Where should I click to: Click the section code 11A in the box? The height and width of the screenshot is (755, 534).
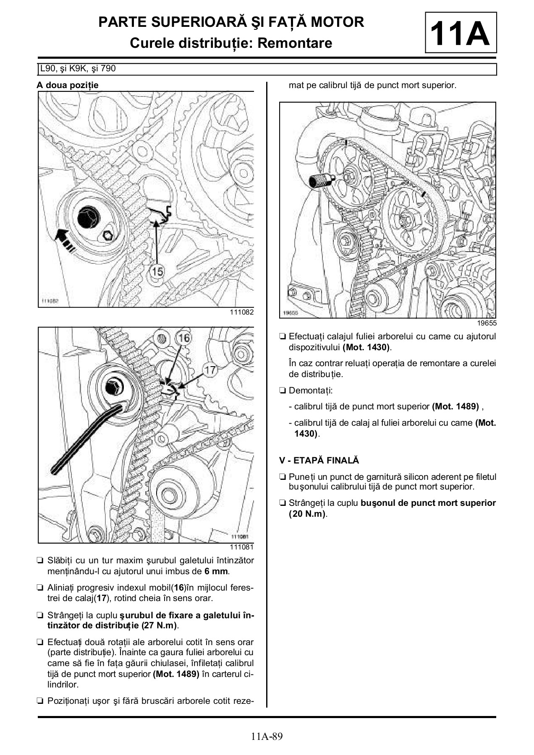[x=460, y=34]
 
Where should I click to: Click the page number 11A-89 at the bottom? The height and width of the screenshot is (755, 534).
[x=267, y=736]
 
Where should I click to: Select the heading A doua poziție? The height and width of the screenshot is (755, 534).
[x=68, y=85]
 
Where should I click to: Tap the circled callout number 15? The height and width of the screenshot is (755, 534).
[x=157, y=271]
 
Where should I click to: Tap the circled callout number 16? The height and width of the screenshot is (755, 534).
[x=184, y=338]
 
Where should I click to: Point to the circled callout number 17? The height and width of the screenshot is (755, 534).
[x=210, y=370]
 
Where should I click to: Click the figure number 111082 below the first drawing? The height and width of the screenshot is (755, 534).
[x=241, y=312]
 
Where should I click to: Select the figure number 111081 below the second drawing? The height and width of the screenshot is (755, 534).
[x=241, y=547]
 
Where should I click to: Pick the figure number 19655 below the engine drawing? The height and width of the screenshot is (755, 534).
[x=487, y=323]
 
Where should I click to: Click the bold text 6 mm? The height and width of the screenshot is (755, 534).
[x=216, y=571]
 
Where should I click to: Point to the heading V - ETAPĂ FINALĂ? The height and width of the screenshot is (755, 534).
[x=319, y=460]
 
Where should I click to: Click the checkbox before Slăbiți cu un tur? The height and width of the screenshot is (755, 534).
[x=40, y=560]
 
